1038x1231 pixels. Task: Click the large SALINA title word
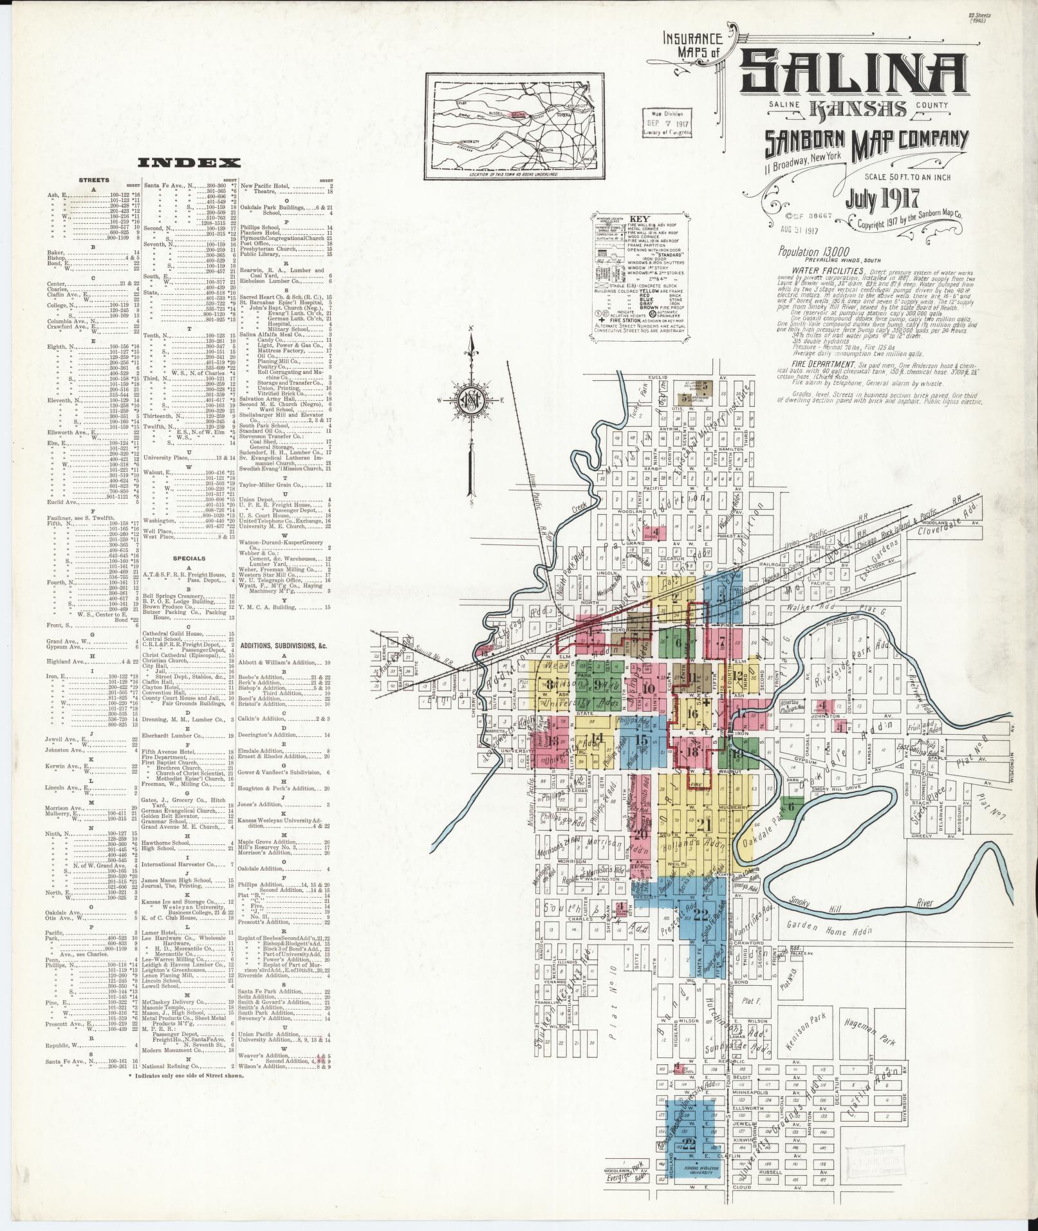(853, 71)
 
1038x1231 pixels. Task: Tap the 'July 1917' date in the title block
(878, 199)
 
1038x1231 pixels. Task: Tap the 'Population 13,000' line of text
(813, 252)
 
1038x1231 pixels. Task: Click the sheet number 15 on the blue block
(641, 739)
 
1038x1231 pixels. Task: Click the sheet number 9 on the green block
(598, 684)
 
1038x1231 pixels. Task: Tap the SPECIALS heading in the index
(190, 559)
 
